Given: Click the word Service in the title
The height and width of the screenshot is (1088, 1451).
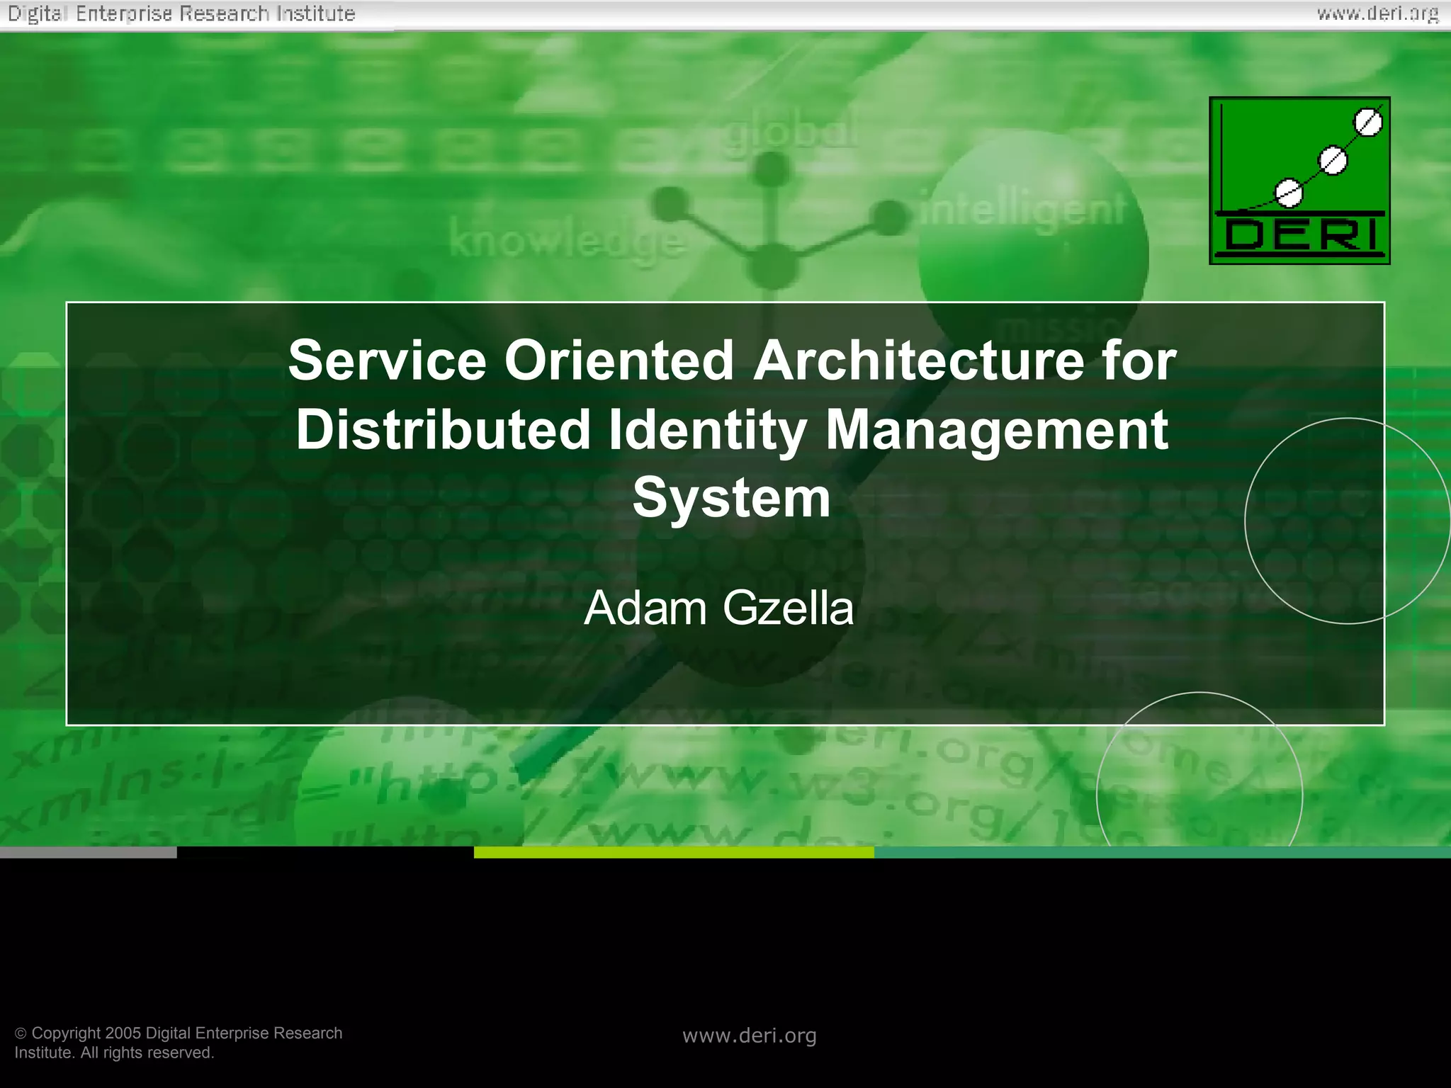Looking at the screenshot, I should click(387, 361).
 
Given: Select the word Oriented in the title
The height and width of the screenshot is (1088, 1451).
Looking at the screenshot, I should click(619, 361).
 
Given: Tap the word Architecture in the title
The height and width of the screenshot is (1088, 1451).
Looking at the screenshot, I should click(918, 361).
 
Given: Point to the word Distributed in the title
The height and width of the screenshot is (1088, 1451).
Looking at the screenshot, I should click(444, 430).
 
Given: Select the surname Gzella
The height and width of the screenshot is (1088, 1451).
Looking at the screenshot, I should click(788, 608).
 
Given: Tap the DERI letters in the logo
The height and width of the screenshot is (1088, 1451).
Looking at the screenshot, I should click(1300, 236).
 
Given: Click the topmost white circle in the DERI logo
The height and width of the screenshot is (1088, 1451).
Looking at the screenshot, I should click(1368, 123).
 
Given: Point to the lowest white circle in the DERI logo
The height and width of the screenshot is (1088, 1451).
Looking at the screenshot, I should click(1289, 193).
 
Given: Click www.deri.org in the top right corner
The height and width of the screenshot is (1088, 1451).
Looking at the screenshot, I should click(1378, 13).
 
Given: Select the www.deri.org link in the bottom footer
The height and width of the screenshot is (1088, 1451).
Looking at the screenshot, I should click(750, 1036).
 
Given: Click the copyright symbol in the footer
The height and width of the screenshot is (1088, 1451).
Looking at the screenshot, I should click(21, 1033).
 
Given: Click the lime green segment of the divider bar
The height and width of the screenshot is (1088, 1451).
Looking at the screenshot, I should click(674, 853).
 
